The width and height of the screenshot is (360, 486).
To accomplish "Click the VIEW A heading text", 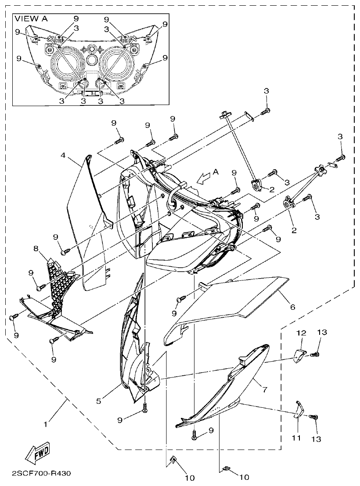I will click(x=31, y=18).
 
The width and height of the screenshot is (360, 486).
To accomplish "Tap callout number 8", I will click(x=36, y=249).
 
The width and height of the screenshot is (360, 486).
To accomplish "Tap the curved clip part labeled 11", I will click(x=298, y=409).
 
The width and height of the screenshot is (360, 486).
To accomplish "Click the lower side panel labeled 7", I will click(x=228, y=387).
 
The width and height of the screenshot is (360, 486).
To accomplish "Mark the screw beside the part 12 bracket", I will click(x=315, y=354).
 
